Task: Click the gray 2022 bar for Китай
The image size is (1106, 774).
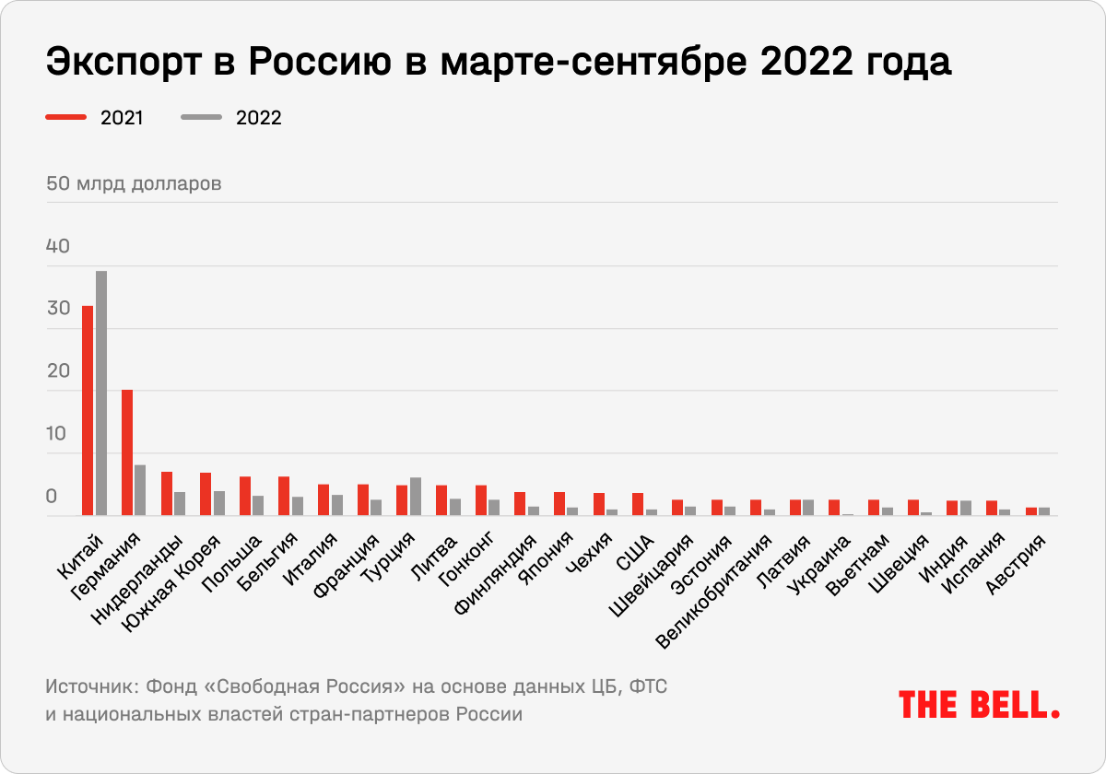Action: [101, 393]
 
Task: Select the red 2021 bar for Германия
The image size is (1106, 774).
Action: [127, 452]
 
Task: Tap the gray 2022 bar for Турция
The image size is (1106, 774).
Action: [416, 497]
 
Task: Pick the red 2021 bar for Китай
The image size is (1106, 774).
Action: [88, 411]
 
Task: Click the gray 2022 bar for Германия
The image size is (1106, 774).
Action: [140, 490]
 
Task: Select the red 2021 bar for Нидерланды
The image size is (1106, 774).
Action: [167, 494]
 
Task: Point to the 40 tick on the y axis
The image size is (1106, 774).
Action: [58, 247]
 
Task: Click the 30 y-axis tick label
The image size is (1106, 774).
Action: [58, 309]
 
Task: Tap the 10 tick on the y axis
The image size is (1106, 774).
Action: [58, 434]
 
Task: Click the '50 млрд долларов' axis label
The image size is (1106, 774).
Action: [134, 183]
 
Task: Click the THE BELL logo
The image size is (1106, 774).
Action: [979, 705]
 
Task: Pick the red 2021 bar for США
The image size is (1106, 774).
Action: [637, 505]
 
